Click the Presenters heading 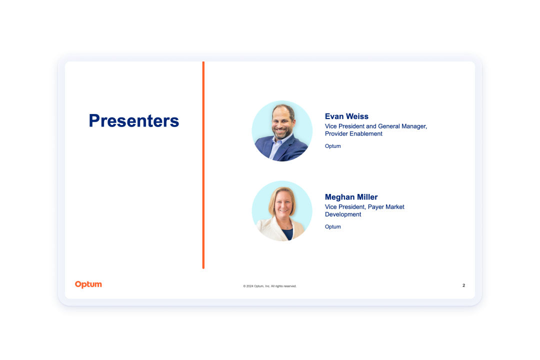134,120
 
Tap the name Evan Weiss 346,116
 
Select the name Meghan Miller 351,197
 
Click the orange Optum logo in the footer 88,284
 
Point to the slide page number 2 463,285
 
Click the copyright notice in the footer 269,286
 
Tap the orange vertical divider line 203,165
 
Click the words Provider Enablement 353,133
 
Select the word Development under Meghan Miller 343,214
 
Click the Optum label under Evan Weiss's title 332,146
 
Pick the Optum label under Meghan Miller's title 332,226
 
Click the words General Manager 402,126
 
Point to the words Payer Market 386,206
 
